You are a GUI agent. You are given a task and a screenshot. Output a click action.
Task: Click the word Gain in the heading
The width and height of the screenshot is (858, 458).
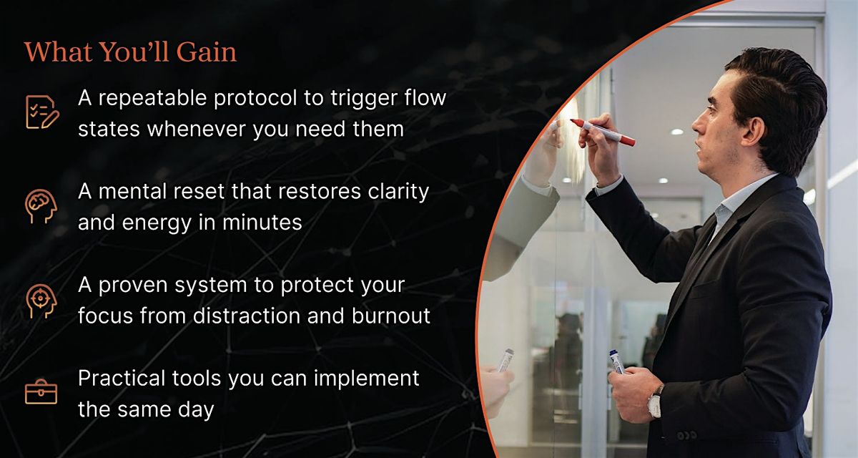pos(207,52)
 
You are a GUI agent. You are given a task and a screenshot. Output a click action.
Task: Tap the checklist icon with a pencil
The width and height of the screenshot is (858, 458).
pos(42,112)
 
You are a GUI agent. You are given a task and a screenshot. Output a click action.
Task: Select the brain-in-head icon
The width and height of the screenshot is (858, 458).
pos(41,206)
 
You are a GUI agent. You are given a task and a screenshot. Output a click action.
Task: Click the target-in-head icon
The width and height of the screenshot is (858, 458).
pos(41,301)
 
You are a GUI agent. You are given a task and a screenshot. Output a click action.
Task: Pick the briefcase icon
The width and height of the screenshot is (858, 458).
pos(41,391)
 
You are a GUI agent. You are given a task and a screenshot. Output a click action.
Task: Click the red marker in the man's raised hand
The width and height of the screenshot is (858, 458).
pos(603,132)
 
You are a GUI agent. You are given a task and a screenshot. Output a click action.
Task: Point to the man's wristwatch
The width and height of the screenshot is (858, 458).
pos(656,401)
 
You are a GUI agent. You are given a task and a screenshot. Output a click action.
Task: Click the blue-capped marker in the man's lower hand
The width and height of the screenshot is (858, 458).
pos(616,362)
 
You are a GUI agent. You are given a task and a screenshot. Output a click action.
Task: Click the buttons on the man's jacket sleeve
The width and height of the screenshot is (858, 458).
pos(686,436)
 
